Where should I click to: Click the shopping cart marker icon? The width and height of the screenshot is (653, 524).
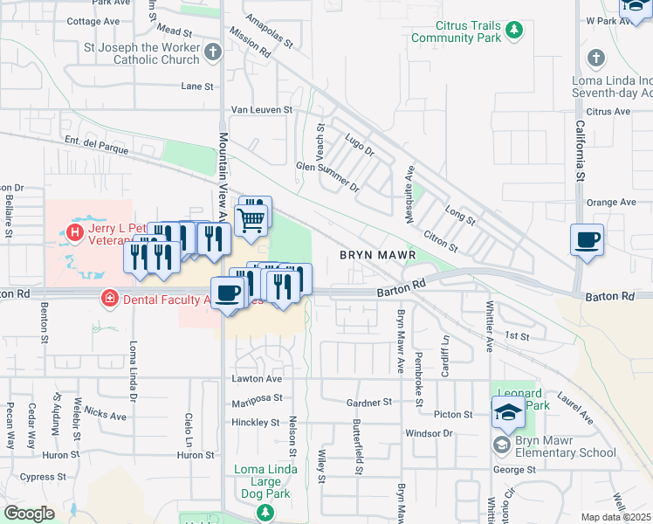tap(251, 219)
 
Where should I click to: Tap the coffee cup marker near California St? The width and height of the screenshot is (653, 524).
tap(587, 238)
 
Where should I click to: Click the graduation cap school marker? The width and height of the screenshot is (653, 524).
tap(508, 413)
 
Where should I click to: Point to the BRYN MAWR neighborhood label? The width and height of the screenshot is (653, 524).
tap(375, 254)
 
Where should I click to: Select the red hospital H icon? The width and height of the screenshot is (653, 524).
tap(74, 232)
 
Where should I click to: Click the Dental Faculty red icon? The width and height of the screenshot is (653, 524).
tap(109, 299)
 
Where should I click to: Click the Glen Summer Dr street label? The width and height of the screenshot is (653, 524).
tap(327, 176)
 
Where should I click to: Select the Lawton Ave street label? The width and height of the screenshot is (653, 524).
tap(256, 379)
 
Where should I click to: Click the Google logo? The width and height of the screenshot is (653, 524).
tap(29, 514)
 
